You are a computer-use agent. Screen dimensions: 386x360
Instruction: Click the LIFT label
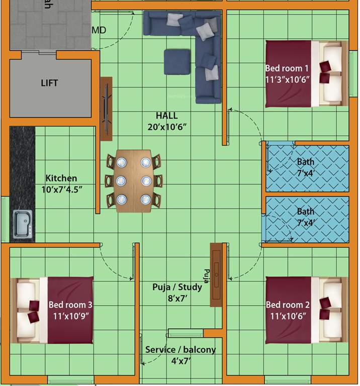[49, 83]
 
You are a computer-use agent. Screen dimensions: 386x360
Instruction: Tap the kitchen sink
[23, 224]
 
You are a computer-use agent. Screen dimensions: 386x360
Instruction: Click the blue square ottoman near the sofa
[177, 62]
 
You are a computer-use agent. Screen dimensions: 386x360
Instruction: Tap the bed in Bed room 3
[53, 310]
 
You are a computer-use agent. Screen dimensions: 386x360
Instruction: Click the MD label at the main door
[99, 31]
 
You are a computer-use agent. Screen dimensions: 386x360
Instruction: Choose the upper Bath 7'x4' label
[305, 167]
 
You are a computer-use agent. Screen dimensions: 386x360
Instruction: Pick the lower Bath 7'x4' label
[305, 217]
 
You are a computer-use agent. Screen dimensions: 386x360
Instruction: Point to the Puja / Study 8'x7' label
[177, 293]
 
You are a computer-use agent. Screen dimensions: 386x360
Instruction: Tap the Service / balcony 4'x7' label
[180, 355]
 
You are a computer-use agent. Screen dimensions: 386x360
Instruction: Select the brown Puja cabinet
[216, 274]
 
